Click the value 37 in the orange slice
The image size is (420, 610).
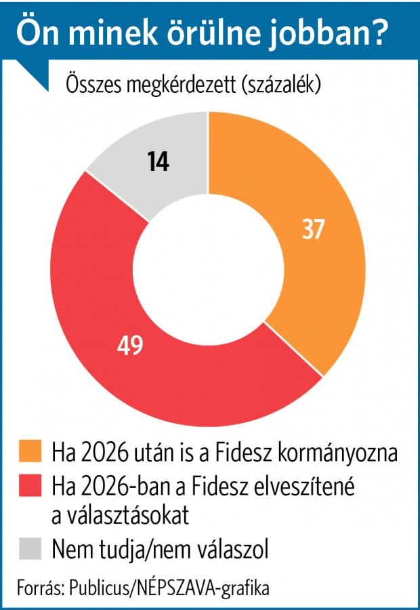click(314, 230)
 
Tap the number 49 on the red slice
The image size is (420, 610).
click(129, 345)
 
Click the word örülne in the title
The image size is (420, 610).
click(204, 33)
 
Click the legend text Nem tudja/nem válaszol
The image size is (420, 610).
click(161, 548)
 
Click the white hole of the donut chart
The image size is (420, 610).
click(207, 268)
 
